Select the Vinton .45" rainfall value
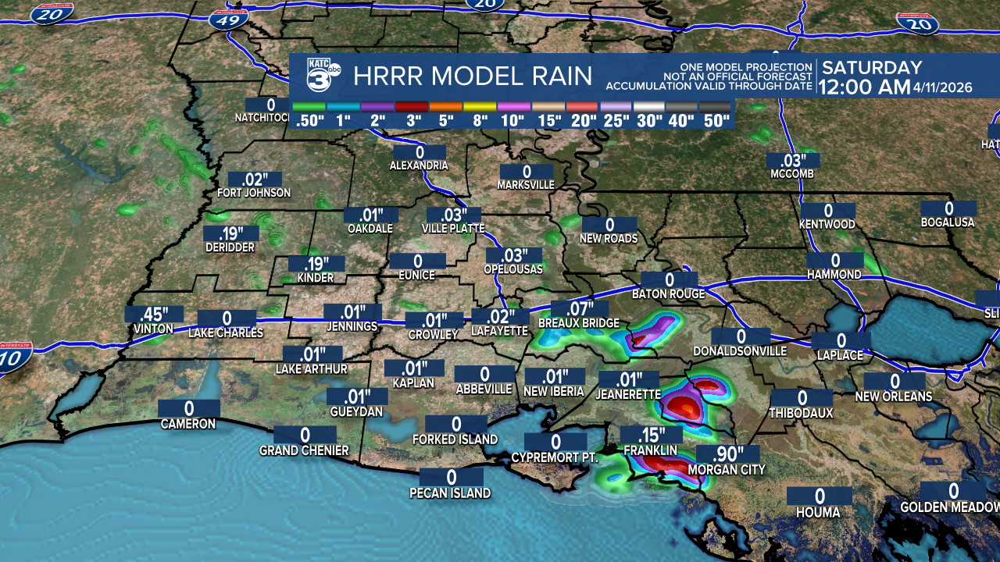154,315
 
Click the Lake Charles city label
226,333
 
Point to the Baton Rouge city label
669,294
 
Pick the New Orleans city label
893,397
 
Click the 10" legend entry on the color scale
512,120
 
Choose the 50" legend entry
715,120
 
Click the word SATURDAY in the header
872,68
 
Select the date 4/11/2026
943,88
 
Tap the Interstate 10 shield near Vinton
16,360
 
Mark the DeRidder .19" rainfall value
230,233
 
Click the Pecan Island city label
450,493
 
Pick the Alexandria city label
420,165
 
